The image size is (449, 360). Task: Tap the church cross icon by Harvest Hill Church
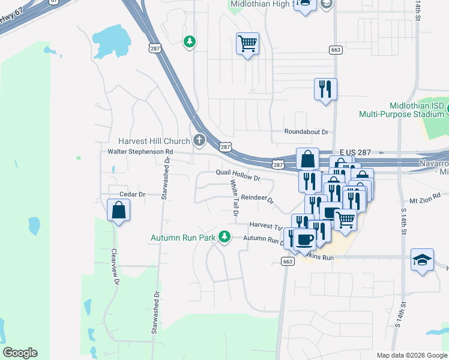point(199,141)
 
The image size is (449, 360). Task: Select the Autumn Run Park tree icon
point(224,238)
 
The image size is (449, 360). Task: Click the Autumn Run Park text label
point(182,238)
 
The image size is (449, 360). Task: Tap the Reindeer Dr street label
point(257,199)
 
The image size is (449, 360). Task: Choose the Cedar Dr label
point(133,194)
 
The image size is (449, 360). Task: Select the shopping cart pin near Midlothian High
point(247,43)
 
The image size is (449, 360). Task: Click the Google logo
point(20,353)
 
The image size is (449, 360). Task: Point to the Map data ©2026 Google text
point(412,355)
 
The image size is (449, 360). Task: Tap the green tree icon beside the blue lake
point(190,41)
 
